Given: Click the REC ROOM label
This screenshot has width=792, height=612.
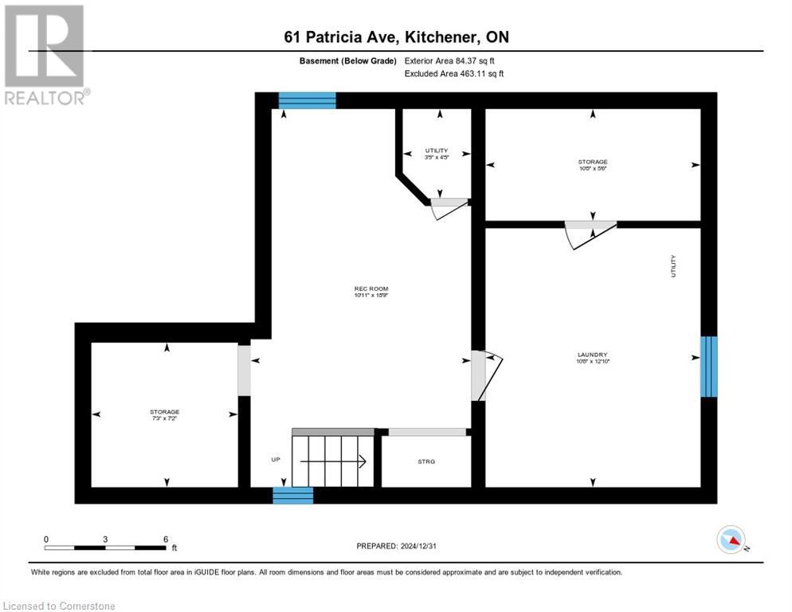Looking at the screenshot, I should (x=371, y=288).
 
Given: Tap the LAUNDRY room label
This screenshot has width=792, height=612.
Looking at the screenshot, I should (x=592, y=355).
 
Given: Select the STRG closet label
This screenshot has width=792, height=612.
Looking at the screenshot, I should (x=426, y=461).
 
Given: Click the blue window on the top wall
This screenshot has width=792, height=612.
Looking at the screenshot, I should (x=307, y=100).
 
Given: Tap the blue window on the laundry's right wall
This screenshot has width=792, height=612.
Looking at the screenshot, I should (x=708, y=367).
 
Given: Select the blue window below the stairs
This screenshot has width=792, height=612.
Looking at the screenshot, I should (x=292, y=495).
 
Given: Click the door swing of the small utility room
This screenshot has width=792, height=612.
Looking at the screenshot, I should (x=449, y=208).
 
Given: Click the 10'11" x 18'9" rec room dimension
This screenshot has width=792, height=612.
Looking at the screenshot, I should (x=371, y=296).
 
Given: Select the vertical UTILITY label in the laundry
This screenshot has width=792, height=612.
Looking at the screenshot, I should (x=673, y=265).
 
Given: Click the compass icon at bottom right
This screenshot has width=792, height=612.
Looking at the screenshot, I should (x=731, y=539).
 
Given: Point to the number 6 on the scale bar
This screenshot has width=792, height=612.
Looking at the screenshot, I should (x=165, y=539).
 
